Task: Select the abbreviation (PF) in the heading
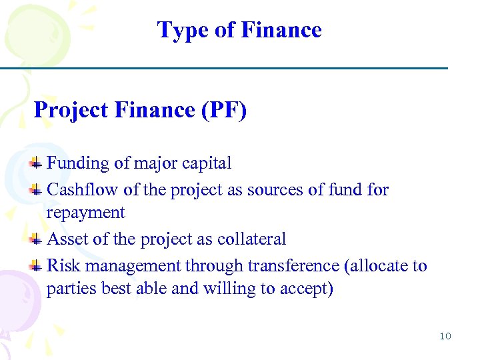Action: point(223,110)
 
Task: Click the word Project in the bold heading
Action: point(71,110)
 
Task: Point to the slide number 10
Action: point(445,336)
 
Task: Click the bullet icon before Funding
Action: point(37,163)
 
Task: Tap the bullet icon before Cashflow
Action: point(37,190)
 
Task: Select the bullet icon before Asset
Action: point(37,239)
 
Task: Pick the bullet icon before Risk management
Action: point(37,266)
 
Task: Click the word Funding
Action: point(78,163)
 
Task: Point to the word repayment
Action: point(85,213)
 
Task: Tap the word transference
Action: point(293,266)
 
